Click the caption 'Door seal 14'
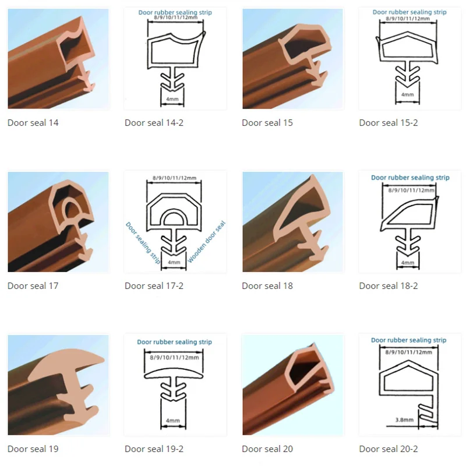pyautogui.click(x=33, y=123)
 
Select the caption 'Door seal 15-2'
pyautogui.click(x=388, y=123)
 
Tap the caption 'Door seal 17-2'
pyautogui.click(x=154, y=286)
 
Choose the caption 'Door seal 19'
pyautogui.click(x=33, y=449)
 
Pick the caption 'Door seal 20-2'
pyautogui.click(x=388, y=449)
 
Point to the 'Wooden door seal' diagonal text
pyautogui.click(x=207, y=242)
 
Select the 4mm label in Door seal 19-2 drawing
pyautogui.click(x=172, y=419)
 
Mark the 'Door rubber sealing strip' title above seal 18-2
pyautogui.click(x=410, y=178)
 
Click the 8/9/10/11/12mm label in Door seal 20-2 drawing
pyautogui.click(x=409, y=352)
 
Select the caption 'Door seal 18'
pyautogui.click(x=267, y=286)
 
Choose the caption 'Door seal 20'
pyautogui.click(x=267, y=449)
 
